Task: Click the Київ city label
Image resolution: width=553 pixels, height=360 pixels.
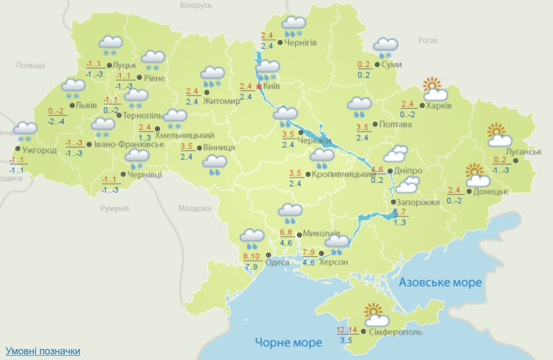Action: pos(271,86)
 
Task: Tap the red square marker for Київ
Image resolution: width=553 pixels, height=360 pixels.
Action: pos(259,86)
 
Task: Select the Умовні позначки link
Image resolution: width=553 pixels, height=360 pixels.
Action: pos(43,351)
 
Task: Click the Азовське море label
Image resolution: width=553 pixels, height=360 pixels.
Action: pos(440,282)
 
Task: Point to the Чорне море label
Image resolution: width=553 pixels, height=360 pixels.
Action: pos(288,342)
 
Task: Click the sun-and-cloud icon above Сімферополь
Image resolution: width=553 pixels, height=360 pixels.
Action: pos(376,315)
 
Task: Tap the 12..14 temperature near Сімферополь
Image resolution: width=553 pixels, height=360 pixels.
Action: pos(347,330)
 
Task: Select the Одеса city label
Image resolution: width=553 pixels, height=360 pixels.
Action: pos(277,262)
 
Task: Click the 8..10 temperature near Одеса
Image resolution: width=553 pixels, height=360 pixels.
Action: pos(251,257)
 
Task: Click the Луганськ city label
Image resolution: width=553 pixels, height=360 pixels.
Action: pos(524,152)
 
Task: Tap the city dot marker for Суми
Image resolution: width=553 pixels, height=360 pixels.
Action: pos(377,65)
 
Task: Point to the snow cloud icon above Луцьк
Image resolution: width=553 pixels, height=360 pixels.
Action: pos(111,46)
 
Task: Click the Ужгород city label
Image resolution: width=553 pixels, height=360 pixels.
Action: pos(39,150)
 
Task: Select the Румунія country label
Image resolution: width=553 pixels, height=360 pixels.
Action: pos(114,208)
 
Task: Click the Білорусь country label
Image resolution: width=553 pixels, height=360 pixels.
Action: pos(196,5)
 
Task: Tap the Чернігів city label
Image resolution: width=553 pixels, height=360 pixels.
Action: pos(300,43)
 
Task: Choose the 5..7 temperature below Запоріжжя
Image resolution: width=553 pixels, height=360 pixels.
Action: pos(399,212)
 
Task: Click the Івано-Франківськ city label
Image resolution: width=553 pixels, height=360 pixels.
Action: pos(129,144)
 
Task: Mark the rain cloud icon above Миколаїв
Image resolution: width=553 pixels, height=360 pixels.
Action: pos(290,214)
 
